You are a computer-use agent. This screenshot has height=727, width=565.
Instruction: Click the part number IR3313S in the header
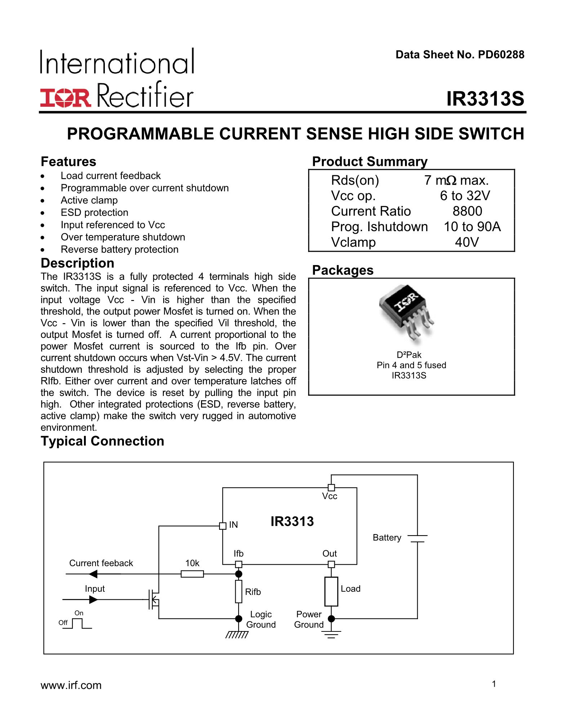[485, 98]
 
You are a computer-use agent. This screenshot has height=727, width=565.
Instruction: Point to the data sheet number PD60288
[501, 54]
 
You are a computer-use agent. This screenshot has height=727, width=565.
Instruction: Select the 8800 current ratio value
[467, 211]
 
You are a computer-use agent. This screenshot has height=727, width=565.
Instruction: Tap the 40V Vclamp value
[467, 242]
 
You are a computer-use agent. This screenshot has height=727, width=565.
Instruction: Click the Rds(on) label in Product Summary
[355, 180]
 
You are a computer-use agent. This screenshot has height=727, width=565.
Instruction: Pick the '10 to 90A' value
[472, 226]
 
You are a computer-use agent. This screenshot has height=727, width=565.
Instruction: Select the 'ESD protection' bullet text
[94, 212]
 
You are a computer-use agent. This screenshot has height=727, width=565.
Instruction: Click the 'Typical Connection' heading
[102, 441]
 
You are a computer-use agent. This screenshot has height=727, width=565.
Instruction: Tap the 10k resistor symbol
[192, 574]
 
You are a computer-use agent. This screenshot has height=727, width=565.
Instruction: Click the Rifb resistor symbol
[239, 591]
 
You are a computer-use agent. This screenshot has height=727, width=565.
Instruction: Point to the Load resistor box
[331, 591]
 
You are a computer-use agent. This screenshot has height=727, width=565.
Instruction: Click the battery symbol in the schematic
[417, 538]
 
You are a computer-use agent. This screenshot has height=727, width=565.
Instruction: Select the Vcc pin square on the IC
[331, 488]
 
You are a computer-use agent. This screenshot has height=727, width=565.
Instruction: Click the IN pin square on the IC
[223, 526]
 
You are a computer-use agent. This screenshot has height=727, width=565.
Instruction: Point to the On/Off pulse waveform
[77, 624]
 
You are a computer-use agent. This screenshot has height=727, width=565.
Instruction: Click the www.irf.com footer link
[71, 685]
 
